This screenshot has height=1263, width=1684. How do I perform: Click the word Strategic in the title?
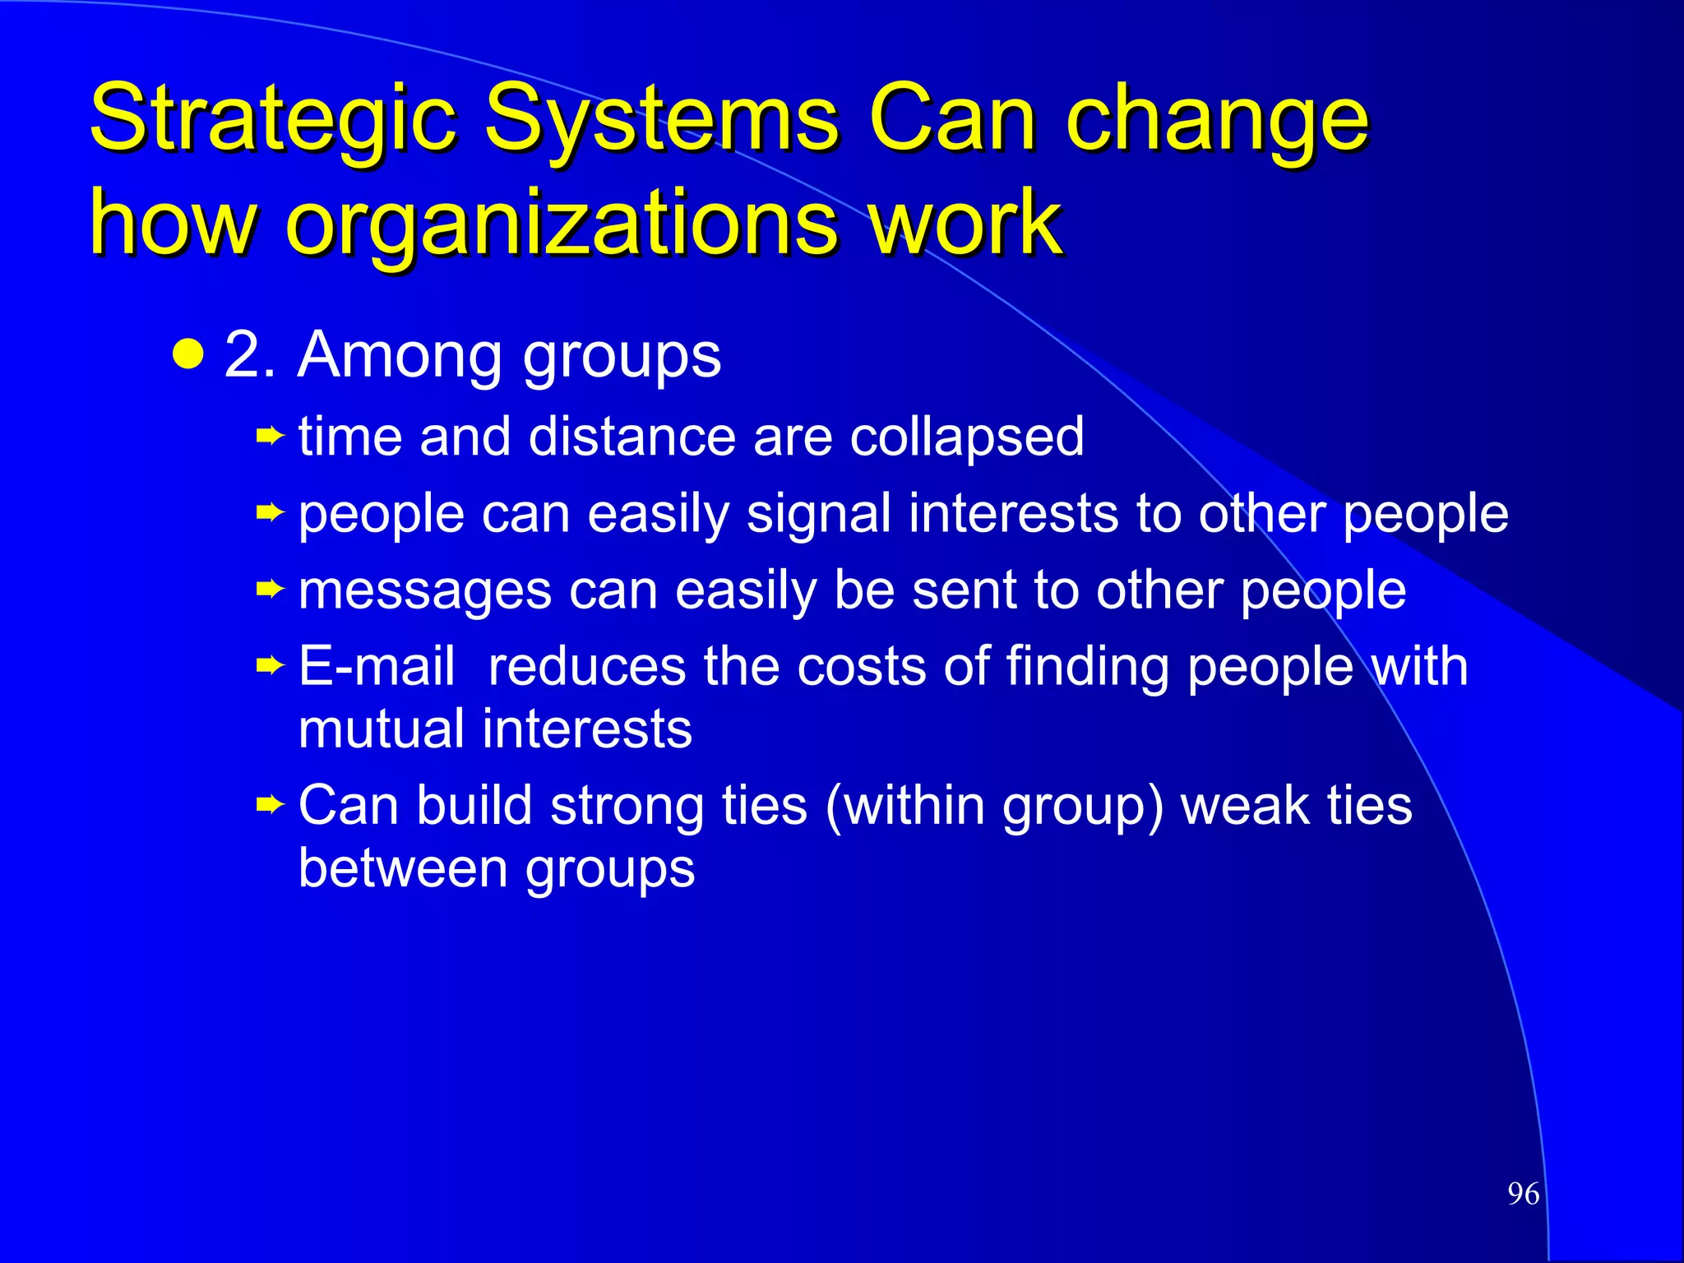point(271,120)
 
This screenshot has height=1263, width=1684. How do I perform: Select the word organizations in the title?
point(559,224)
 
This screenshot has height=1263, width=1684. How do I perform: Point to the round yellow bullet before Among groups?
point(188,354)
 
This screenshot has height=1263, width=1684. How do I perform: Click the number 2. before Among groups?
point(249,356)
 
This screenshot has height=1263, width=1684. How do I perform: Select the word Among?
point(400,356)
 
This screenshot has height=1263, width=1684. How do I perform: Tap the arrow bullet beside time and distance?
point(270,435)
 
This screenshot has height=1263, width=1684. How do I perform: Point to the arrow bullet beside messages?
point(270,589)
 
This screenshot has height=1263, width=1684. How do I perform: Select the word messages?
point(424,590)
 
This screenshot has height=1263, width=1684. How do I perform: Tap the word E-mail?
point(377,665)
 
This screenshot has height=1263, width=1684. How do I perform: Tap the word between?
point(403,868)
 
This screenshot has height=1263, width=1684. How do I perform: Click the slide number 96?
point(1523,1194)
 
